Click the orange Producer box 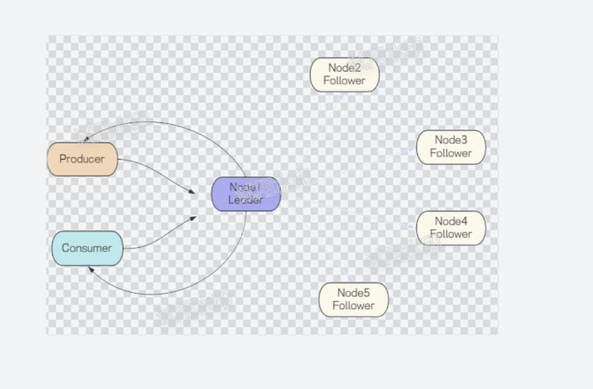[x=83, y=159]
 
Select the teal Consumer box [x=87, y=248]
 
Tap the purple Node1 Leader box [x=246, y=194]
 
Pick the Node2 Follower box [x=344, y=74]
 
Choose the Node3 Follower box [x=451, y=147]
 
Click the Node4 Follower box [x=451, y=228]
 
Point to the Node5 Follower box [x=354, y=299]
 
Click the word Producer [x=82, y=159]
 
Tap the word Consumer [x=87, y=248]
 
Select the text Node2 [x=344, y=68]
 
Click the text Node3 [x=451, y=140]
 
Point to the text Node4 [x=451, y=222]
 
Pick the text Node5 [x=353, y=293]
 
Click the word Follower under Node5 [x=353, y=305]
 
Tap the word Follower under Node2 [x=344, y=81]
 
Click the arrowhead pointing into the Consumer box [x=90, y=269]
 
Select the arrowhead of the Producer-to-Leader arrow [x=192, y=192]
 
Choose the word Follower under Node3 [x=451, y=153]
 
